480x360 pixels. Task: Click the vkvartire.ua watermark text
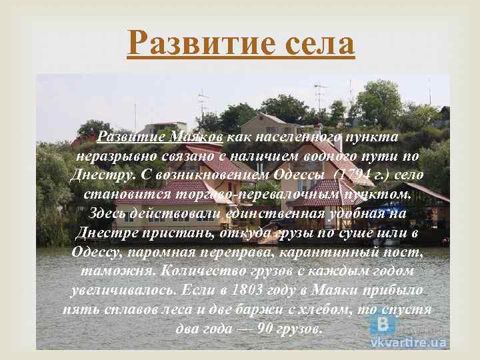pyautogui.click(x=409, y=342)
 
